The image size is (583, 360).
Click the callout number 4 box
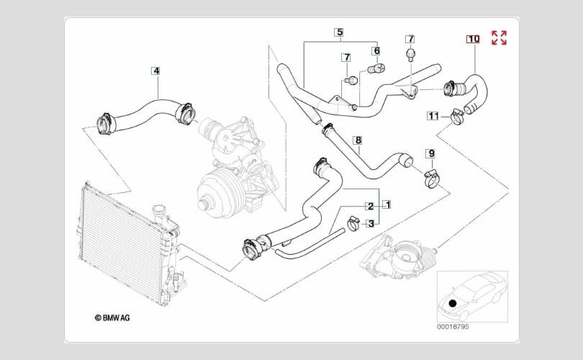(x=155, y=71)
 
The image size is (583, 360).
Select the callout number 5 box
(x=338, y=32)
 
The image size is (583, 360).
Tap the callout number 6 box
(x=376, y=50)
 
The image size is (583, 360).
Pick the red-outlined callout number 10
(x=473, y=39)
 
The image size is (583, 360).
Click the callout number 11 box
(x=433, y=116)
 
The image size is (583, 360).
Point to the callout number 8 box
(x=358, y=140)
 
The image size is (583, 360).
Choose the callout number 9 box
(x=431, y=153)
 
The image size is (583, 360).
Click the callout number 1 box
(x=387, y=204)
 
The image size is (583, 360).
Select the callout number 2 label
(x=370, y=207)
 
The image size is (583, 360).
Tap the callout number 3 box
(x=371, y=223)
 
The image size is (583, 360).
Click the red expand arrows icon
(x=499, y=38)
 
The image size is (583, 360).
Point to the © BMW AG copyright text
(x=112, y=318)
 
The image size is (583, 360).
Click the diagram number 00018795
(x=453, y=327)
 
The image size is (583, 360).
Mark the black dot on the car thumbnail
(x=453, y=303)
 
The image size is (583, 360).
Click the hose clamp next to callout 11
(x=457, y=117)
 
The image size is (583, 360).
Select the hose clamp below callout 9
(x=433, y=179)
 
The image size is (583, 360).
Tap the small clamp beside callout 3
(x=353, y=222)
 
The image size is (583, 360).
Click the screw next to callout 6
(x=376, y=69)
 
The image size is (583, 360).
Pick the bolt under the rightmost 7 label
(x=410, y=53)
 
